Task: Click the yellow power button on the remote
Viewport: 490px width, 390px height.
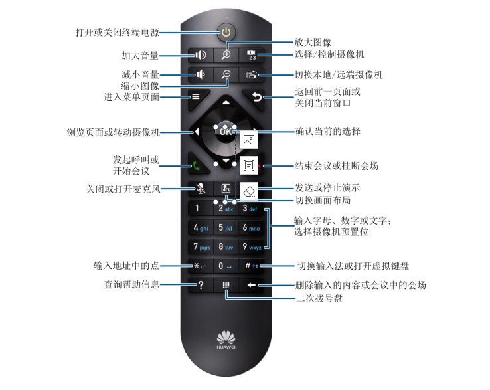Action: tap(226, 32)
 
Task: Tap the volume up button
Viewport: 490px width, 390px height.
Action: tap(199, 56)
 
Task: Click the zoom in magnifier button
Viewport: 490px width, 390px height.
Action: tap(226, 56)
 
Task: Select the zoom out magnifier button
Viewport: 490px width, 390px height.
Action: tap(226, 75)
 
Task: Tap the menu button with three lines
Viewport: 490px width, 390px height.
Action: tap(197, 96)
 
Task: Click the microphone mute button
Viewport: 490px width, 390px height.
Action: tap(199, 189)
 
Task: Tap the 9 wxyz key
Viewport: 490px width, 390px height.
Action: tap(254, 247)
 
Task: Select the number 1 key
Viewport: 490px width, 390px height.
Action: tap(198, 209)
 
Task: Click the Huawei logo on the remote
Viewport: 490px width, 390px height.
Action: tap(226, 339)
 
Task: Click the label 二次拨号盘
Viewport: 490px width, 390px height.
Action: tap(319, 298)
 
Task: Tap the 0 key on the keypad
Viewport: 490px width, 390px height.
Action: tap(226, 266)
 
